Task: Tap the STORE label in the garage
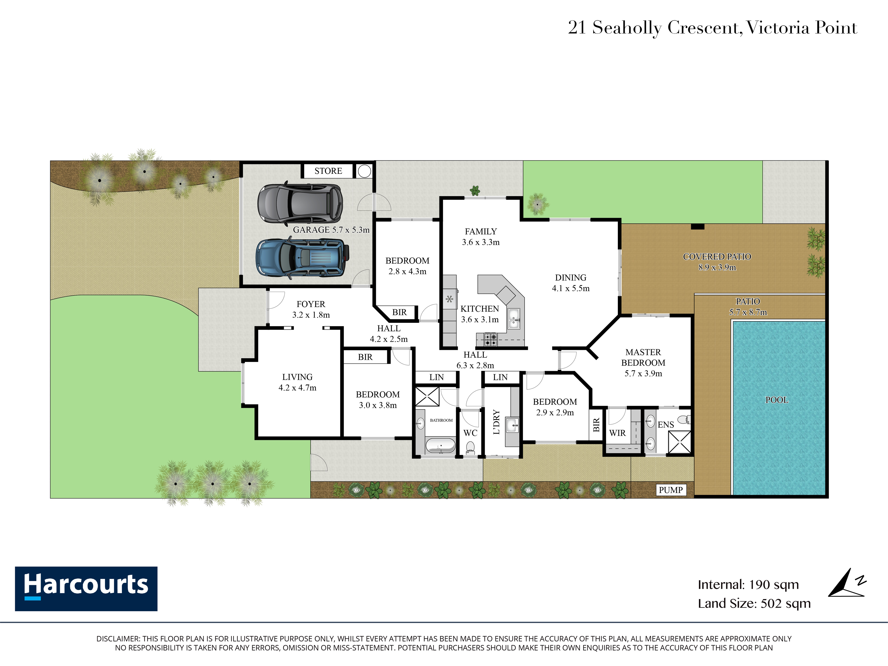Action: click(328, 171)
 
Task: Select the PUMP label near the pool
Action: click(670, 490)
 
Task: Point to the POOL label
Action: click(777, 400)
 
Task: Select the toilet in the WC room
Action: click(470, 447)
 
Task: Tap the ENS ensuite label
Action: click(666, 425)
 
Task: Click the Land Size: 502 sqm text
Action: click(754, 603)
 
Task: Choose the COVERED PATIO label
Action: click(717, 257)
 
